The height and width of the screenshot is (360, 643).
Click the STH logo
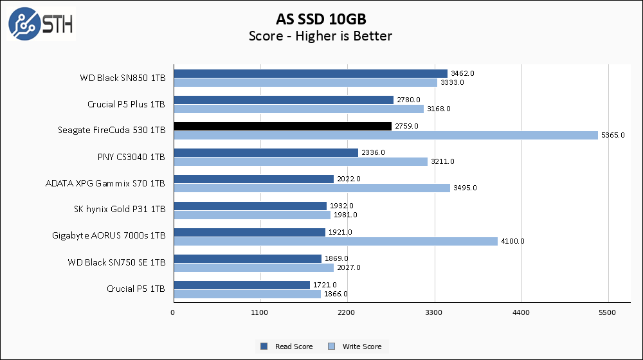[x=41, y=24]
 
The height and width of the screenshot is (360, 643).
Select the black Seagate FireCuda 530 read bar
[x=282, y=126]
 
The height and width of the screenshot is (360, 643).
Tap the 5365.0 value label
[x=612, y=135]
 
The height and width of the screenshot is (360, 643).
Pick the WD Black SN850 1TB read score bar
[x=310, y=73]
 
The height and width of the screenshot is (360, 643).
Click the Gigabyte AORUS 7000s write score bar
[x=335, y=241]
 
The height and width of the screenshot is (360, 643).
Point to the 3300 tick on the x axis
[x=434, y=312]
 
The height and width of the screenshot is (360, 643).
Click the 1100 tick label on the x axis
[x=260, y=312]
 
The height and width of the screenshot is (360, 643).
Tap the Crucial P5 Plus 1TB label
[x=126, y=104]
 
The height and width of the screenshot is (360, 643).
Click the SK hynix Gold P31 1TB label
[x=120, y=209]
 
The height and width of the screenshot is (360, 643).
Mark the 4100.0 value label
[x=512, y=241]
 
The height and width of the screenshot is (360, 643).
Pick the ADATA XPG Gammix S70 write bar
[x=311, y=188]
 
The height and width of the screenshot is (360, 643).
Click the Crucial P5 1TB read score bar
[x=241, y=285]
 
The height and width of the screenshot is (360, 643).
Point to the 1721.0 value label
[x=324, y=285]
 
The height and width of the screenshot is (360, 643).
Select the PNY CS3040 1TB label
[x=131, y=157]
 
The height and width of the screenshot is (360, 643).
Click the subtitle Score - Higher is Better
[x=320, y=36]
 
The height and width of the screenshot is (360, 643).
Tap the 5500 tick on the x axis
[x=608, y=312]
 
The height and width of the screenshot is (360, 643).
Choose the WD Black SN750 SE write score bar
[x=253, y=267]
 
